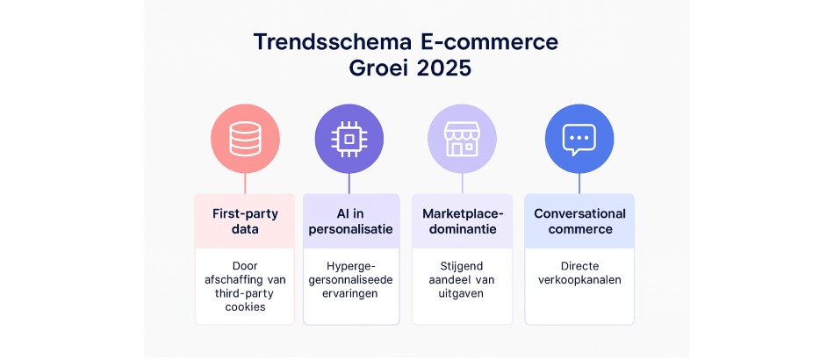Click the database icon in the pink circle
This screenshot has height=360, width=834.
[245, 139]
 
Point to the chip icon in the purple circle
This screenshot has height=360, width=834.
[349, 139]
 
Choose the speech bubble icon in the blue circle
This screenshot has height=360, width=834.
[579, 139]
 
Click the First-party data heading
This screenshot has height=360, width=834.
[245, 221]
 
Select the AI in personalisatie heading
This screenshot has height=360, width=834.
[349, 221]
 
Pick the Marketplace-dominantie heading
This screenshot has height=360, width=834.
[463, 221]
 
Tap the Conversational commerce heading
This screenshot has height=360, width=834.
[579, 221]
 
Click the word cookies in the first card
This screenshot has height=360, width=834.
[245, 307]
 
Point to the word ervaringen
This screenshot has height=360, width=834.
[349, 293]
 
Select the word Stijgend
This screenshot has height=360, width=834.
[463, 264]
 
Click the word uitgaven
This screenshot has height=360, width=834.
[463, 293]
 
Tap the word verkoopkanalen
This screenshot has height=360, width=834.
[579, 279]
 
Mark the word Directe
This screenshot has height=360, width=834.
[579, 264]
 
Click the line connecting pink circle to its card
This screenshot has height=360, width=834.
[245, 183]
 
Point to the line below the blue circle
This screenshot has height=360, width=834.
[579, 183]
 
